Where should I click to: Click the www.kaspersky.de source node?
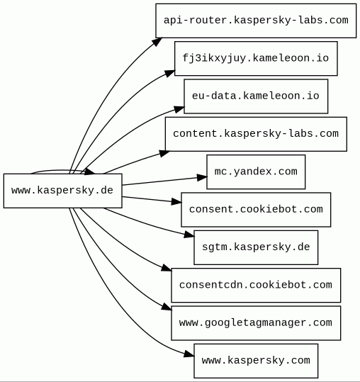click(63, 191)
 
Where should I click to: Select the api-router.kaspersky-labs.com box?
click(256, 21)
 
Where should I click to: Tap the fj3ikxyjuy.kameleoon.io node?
click(256, 58)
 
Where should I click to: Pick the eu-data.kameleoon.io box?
click(256, 96)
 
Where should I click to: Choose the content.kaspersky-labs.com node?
click(256, 134)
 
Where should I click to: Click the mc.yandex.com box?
click(256, 172)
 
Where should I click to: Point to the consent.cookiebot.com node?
click(256, 210)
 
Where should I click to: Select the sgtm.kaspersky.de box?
click(256, 247)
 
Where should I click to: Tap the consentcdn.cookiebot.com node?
click(256, 286)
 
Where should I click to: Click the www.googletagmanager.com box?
click(256, 323)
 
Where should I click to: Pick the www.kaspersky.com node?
click(256, 361)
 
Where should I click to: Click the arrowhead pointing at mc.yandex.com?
click(202, 177)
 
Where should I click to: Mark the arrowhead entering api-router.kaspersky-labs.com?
click(157, 41)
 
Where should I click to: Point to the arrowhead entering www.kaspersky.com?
click(189, 354)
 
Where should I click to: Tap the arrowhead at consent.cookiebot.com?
click(176, 202)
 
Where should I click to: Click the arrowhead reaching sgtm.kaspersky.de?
click(189, 235)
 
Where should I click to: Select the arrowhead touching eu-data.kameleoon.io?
click(179, 109)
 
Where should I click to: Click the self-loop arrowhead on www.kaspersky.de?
click(90, 172)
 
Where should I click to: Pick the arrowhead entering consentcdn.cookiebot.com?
click(167, 268)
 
